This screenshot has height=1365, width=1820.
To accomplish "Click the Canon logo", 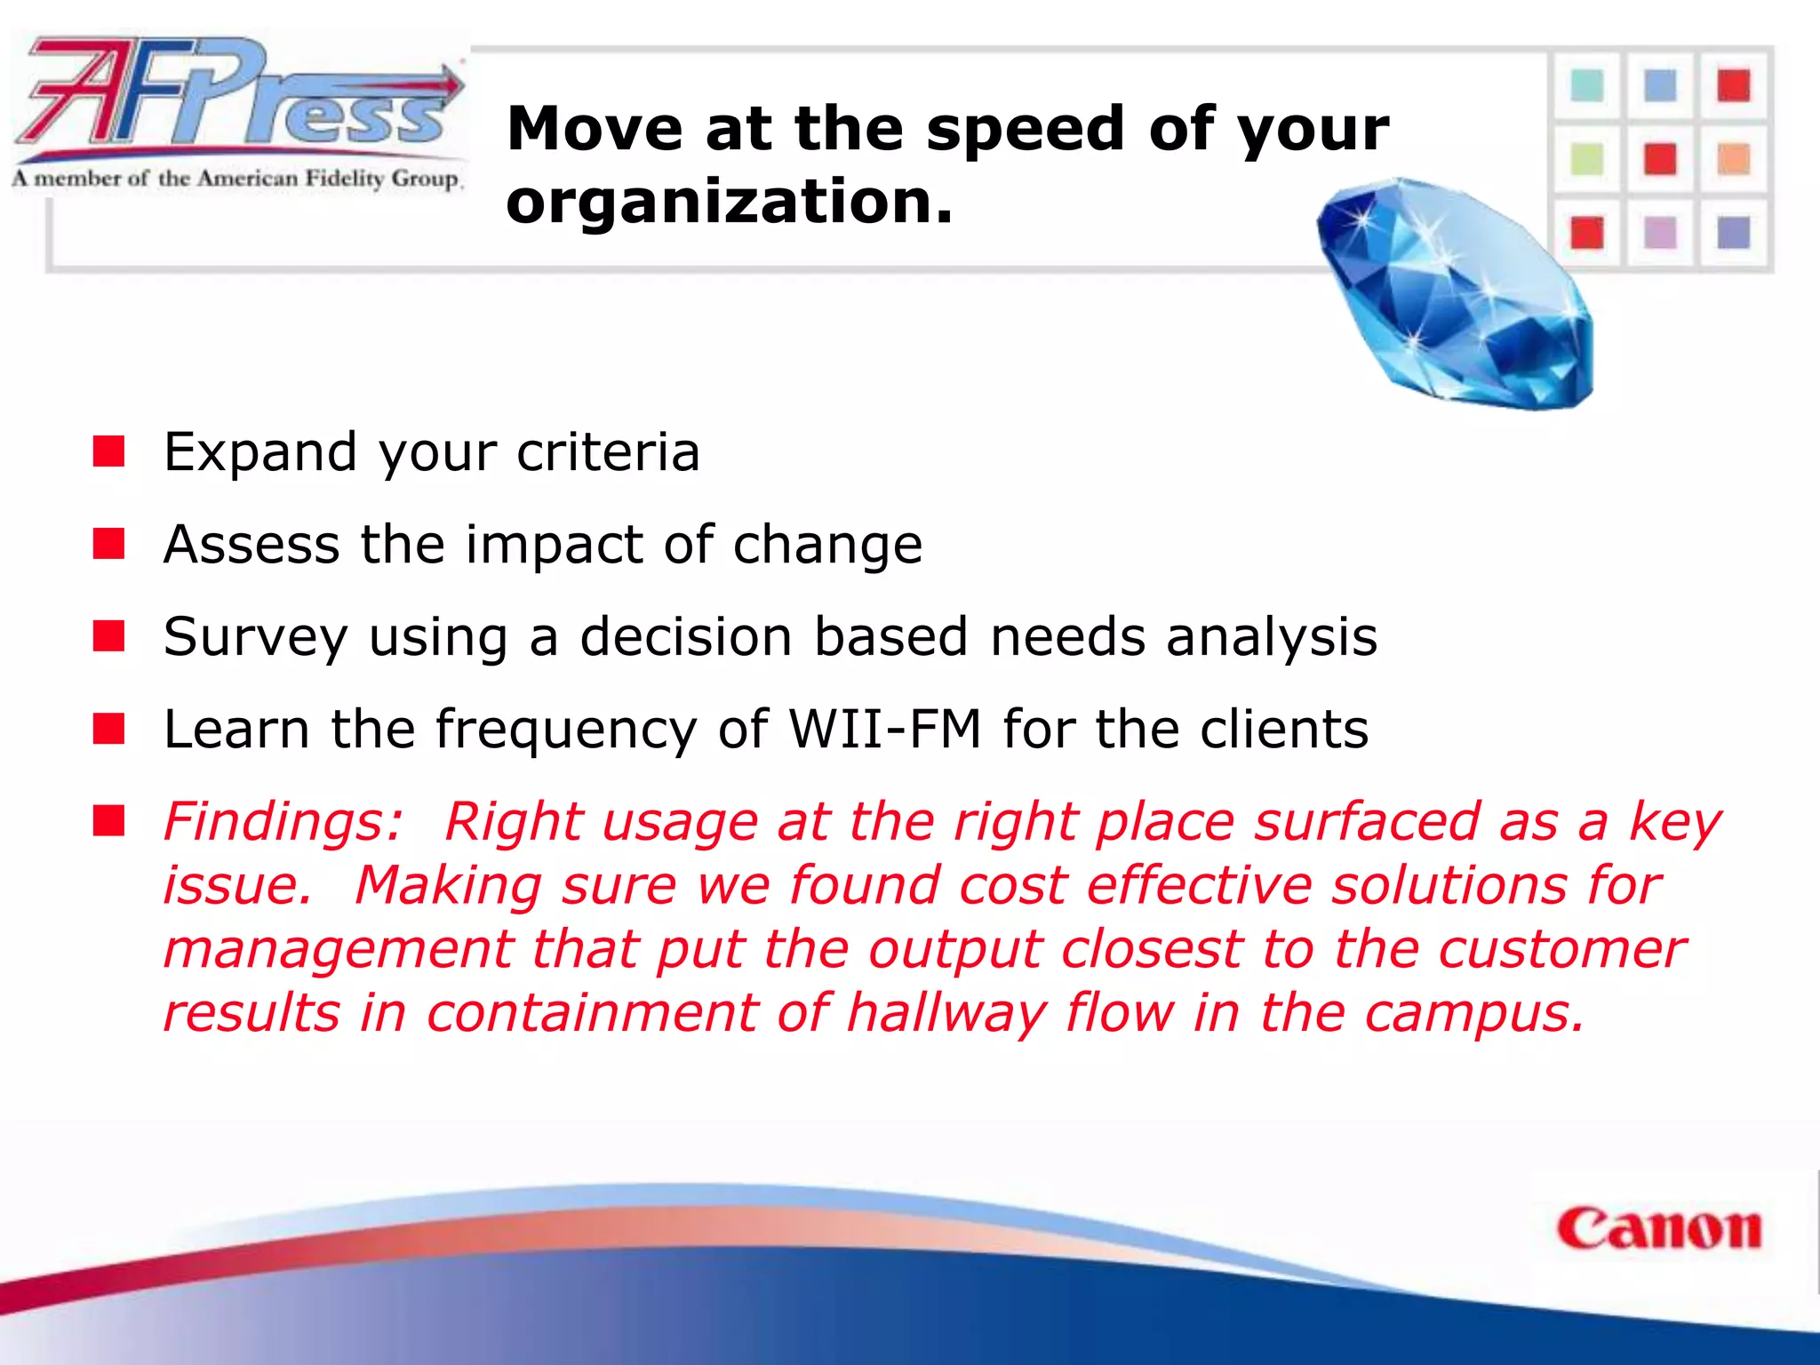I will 1658,1230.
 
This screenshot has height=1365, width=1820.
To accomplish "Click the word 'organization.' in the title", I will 729,202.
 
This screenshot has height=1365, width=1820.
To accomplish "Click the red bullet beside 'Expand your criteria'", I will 109,451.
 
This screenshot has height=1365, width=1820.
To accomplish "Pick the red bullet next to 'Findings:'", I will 109,821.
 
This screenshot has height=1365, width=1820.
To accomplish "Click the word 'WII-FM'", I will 885,730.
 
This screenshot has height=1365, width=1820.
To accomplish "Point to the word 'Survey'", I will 256,638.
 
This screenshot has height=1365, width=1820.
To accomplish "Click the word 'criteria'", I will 609,451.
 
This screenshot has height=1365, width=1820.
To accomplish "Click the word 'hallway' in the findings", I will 946,1014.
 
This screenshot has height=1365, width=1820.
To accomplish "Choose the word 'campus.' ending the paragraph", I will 1475,1014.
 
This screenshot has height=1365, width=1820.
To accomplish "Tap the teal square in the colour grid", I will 1587,87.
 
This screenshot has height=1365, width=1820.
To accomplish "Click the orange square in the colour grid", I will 1733,160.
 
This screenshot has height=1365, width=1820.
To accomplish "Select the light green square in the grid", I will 1587,160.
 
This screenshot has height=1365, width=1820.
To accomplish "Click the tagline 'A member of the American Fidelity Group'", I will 236,179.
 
